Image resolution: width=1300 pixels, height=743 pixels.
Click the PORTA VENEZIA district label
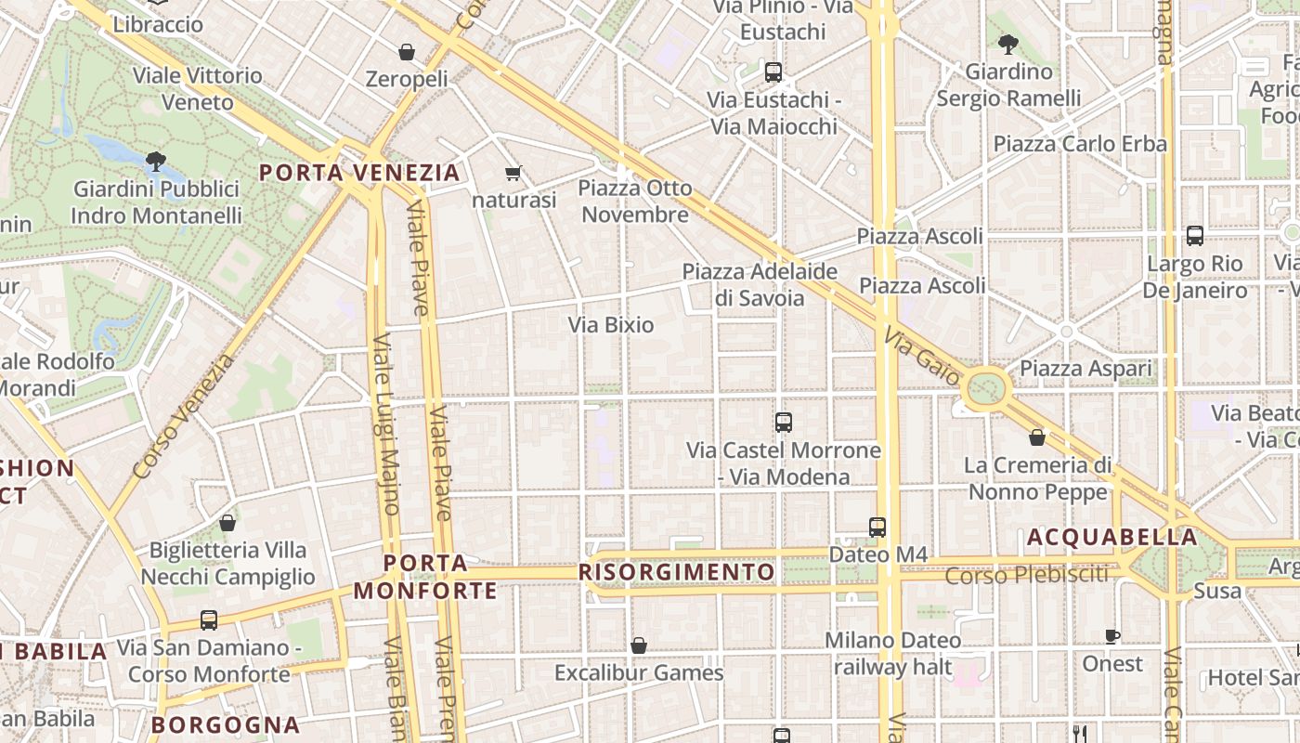tap(359, 173)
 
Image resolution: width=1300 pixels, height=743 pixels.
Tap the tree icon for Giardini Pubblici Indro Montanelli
tap(155, 162)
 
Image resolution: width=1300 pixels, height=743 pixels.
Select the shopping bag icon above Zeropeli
tap(406, 51)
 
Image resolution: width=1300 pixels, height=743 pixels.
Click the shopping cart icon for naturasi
tap(513, 173)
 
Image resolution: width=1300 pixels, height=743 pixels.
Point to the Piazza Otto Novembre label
tap(635, 202)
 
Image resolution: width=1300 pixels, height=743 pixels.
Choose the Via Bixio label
tap(611, 325)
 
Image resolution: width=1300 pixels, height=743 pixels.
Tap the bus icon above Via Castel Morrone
tap(783, 422)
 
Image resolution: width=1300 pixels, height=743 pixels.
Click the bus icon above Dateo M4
tap(877, 527)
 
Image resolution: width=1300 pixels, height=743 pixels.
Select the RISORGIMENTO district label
tap(677, 572)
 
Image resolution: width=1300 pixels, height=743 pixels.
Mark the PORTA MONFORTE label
tap(425, 577)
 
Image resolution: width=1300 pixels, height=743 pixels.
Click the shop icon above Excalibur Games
tap(638, 645)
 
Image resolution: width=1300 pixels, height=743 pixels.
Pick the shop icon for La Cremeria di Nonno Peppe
tap(1037, 437)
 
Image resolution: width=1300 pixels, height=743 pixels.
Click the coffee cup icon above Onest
tap(1111, 636)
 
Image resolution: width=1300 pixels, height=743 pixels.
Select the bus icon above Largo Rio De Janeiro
tap(1194, 236)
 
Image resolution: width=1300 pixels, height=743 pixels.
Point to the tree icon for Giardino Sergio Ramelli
tap(1007, 44)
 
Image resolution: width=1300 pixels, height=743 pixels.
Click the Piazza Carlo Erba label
tap(1080, 144)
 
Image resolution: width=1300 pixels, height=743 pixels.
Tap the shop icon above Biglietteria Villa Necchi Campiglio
tap(227, 523)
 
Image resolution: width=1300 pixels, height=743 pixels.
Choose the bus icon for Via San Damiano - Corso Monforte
tap(209, 619)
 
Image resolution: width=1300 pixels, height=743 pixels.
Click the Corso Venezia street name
tap(184, 417)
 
